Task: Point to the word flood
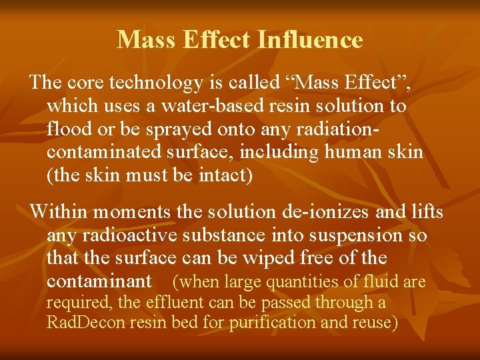[x=65, y=129]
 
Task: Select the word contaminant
[x=99, y=281]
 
